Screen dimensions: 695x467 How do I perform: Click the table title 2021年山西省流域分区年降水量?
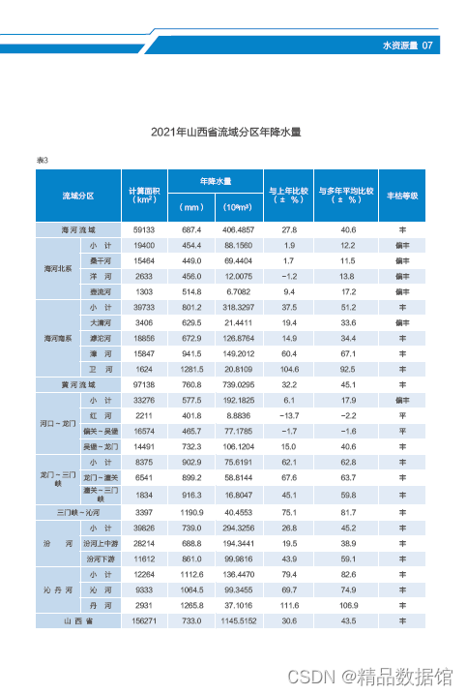233,132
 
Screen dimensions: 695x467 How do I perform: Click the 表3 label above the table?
43,159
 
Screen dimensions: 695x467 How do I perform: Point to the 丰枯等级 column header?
402,196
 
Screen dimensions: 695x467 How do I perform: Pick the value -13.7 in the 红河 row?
288,414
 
